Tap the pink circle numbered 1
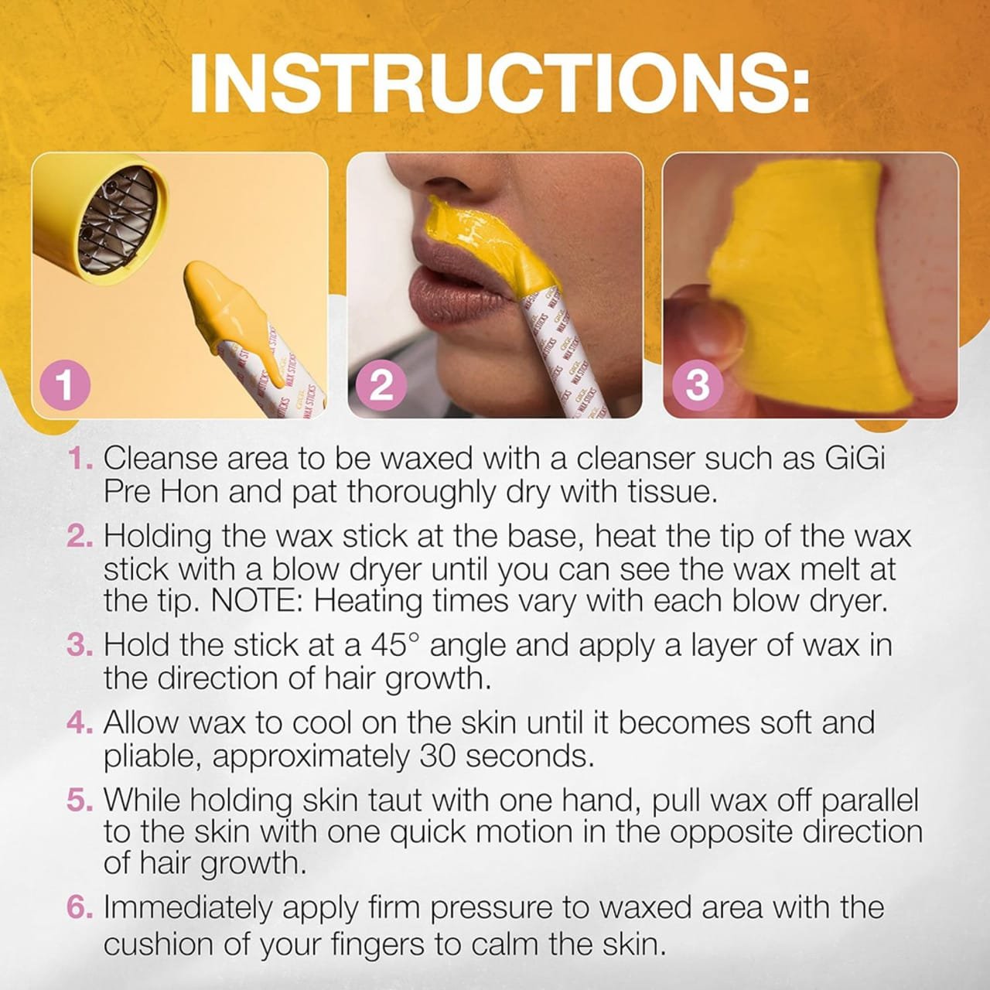click(65, 387)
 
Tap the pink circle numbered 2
click(381, 387)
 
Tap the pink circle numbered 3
click(698, 387)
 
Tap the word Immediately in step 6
click(187, 908)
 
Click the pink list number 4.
click(80, 723)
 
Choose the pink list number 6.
click(80, 908)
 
